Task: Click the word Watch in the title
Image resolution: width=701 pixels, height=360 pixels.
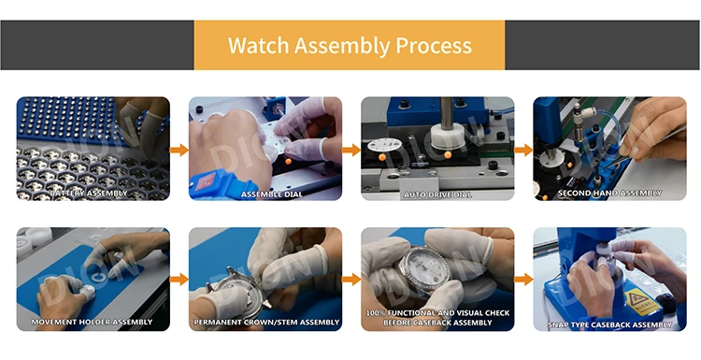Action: tap(258, 45)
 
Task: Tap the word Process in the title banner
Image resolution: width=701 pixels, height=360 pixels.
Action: tap(434, 45)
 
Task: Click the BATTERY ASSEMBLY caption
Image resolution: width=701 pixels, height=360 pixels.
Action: tap(89, 194)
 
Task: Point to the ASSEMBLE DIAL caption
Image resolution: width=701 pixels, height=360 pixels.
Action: tap(272, 194)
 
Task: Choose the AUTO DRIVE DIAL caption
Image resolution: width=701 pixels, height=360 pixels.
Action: tap(437, 194)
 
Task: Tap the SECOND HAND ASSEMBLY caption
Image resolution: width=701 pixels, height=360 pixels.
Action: tap(609, 194)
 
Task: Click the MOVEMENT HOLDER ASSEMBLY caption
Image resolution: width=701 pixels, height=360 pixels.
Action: tap(92, 322)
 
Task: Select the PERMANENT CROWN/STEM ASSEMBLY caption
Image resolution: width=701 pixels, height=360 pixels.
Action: tap(266, 322)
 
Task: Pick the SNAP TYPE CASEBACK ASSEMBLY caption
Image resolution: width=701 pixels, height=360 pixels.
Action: tap(609, 324)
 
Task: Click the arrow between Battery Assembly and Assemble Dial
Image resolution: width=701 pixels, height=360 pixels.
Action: tap(179, 150)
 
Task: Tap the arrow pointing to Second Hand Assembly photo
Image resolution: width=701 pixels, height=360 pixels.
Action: tap(523, 150)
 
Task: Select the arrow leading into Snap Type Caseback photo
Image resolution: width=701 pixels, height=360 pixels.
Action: tap(523, 280)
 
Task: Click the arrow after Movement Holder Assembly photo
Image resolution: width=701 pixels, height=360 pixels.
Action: tap(179, 280)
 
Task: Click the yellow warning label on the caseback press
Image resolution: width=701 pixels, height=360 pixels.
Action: tap(643, 302)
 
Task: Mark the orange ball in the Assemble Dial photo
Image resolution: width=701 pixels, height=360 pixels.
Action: tap(289, 161)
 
